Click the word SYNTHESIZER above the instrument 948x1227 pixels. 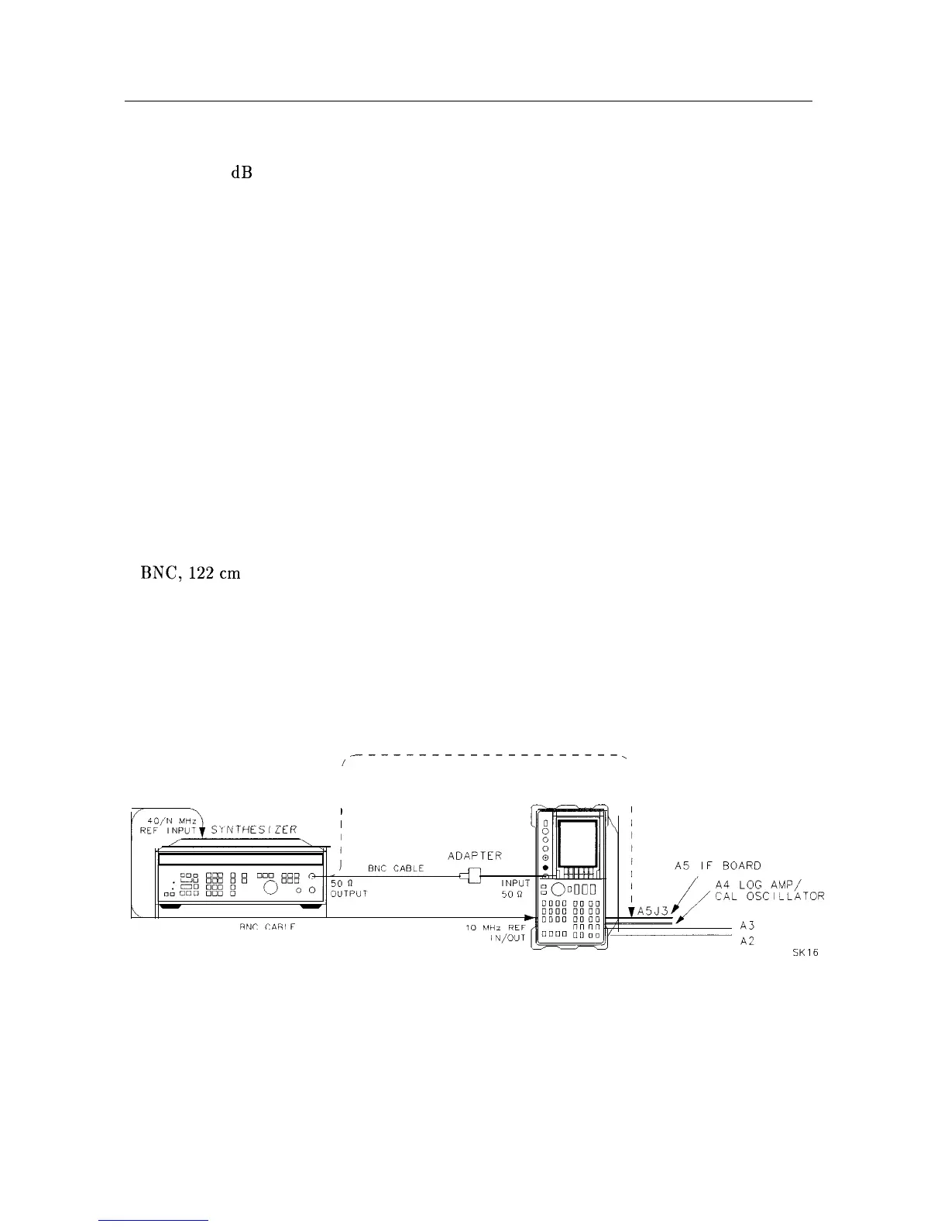click(254, 830)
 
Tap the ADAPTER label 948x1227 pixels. click(475, 856)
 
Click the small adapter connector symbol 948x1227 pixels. click(470, 876)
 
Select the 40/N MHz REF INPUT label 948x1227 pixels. click(165, 823)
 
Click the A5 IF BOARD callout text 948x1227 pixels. click(717, 865)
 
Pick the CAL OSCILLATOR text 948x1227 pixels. click(769, 897)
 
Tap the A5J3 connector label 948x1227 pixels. click(653, 911)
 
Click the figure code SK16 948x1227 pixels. click(805, 954)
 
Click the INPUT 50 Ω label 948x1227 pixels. click(515, 888)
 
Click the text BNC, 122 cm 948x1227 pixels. click(191, 573)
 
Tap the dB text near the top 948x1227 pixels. click(241, 174)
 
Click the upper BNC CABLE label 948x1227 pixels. click(395, 868)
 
